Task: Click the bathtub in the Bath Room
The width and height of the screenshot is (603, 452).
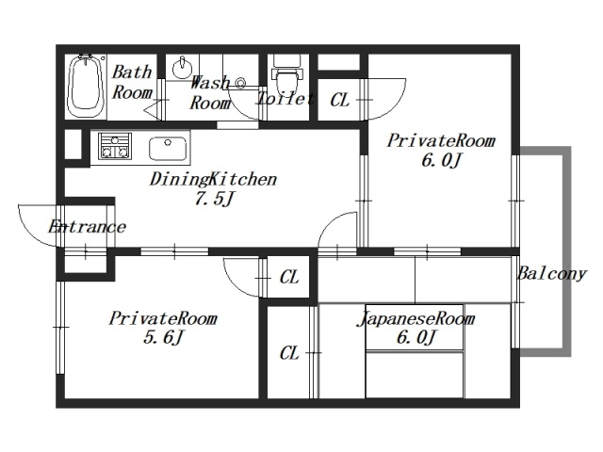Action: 85,86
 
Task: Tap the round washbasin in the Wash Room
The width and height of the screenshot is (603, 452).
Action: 182,68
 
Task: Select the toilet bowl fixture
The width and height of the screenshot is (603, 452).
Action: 285,74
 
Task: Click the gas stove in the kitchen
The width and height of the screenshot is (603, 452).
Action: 115,146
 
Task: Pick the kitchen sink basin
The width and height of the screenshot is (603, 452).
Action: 168,149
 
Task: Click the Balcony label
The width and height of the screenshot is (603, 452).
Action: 552,274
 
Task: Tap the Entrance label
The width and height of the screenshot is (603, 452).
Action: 87,226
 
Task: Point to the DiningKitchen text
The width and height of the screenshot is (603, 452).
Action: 213,180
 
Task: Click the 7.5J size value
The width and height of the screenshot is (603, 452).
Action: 214,199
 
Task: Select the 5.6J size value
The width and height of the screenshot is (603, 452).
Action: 163,338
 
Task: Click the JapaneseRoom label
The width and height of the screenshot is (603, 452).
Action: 416,319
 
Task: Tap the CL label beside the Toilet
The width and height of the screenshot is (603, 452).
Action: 340,101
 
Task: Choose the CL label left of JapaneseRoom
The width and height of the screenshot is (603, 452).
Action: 289,353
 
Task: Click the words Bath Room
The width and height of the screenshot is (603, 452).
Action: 132,82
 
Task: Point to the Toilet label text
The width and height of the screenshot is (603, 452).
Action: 285,99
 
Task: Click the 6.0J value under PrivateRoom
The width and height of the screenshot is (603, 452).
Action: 441,160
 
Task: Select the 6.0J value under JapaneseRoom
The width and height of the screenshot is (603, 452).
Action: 416,338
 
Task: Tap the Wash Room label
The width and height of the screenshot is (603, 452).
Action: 210,92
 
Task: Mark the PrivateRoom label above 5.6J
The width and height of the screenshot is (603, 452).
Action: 163,318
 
